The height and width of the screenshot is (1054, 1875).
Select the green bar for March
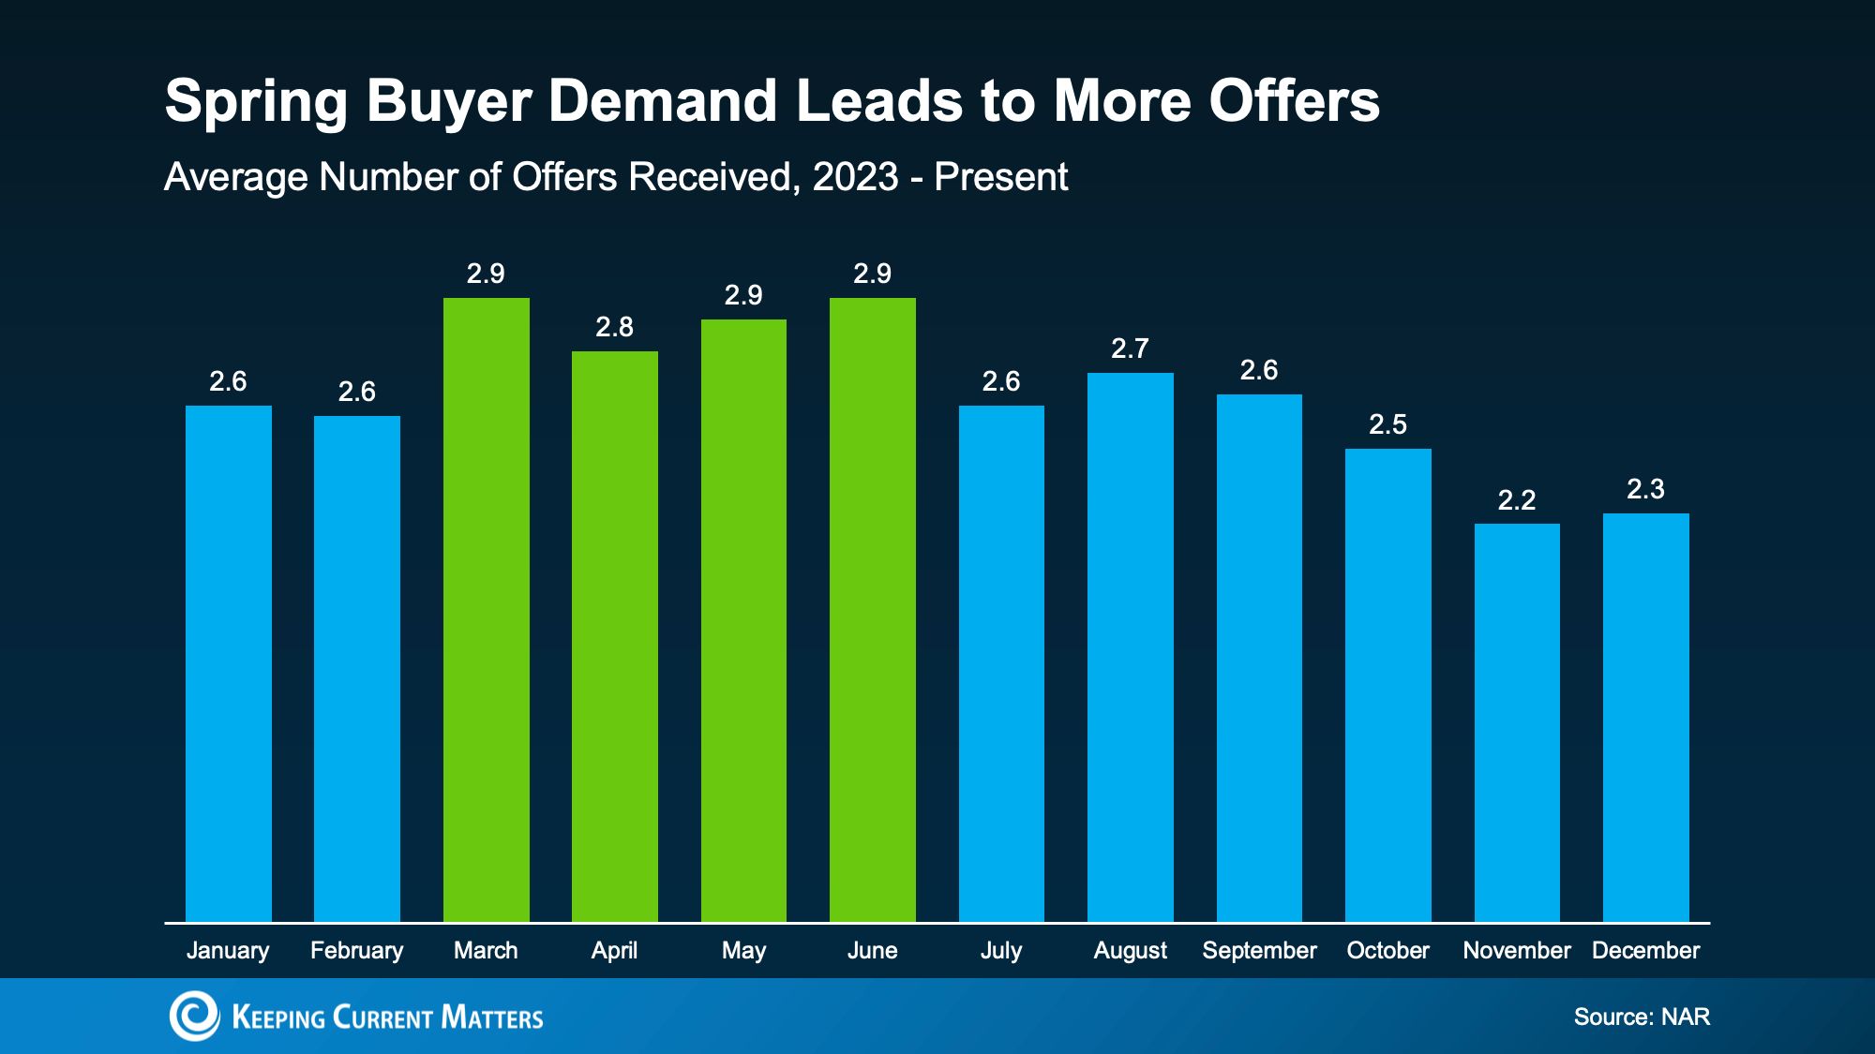click(x=486, y=610)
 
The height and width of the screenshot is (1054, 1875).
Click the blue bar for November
click(x=1517, y=723)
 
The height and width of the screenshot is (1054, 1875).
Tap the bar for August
click(x=1131, y=647)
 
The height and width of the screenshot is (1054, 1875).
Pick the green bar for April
click(x=615, y=637)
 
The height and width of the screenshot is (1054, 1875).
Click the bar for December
click(x=1646, y=718)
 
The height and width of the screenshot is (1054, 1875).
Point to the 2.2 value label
click(x=1517, y=500)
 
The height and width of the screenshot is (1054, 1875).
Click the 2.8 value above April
click(x=615, y=327)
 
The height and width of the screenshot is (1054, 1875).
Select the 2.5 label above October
click(x=1388, y=424)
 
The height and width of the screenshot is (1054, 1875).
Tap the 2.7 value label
click(x=1131, y=349)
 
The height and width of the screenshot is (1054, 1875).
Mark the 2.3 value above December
click(x=1646, y=489)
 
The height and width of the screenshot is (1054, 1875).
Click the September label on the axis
click(x=1259, y=951)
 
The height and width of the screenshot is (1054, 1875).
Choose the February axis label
click(x=357, y=951)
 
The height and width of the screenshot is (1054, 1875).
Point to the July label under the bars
click(x=1001, y=951)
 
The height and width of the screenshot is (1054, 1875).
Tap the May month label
click(x=743, y=951)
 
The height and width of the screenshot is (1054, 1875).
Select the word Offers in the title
click(x=1294, y=100)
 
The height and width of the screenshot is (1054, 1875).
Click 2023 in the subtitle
click(x=856, y=177)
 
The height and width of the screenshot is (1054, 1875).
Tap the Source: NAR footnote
click(x=1642, y=1017)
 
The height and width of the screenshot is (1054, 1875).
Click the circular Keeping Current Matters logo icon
click(x=194, y=1016)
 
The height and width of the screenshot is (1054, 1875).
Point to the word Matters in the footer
click(x=492, y=1017)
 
